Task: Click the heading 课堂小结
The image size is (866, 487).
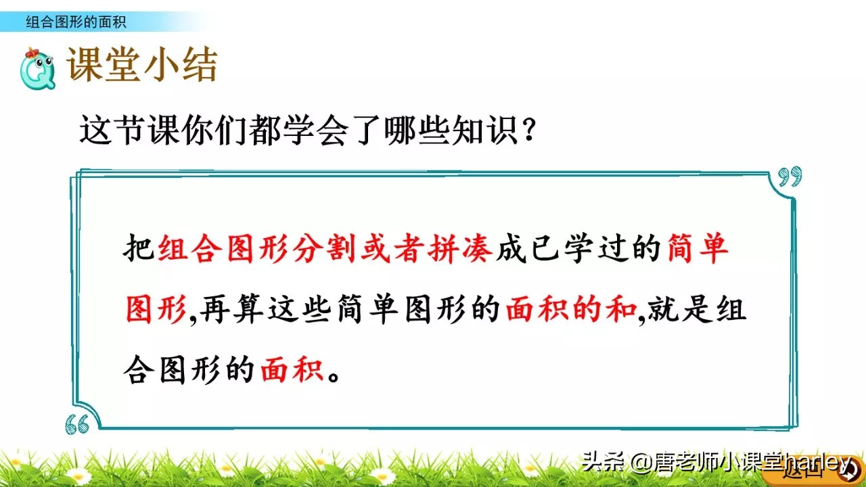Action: (x=142, y=67)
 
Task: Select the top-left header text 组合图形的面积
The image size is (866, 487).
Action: (x=76, y=22)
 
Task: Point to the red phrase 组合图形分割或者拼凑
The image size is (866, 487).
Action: (x=325, y=250)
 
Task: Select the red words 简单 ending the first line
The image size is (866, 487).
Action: (x=697, y=250)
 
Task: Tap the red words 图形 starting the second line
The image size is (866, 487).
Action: (x=156, y=310)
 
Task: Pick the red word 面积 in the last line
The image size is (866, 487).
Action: (x=292, y=370)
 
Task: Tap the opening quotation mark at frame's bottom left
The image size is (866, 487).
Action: (x=77, y=423)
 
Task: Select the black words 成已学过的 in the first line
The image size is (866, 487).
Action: (x=578, y=250)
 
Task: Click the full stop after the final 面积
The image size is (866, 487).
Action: (x=333, y=374)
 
